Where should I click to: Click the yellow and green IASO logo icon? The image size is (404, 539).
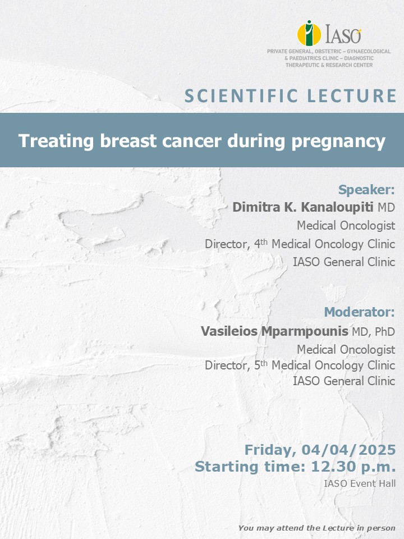pyautogui.click(x=309, y=33)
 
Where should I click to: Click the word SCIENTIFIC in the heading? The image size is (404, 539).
pyautogui.click(x=241, y=96)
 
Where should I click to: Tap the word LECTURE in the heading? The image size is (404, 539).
pyautogui.click(x=352, y=96)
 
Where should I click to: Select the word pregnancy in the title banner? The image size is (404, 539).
pyautogui.click(x=338, y=142)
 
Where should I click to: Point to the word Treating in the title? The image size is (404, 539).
pyautogui.click(x=56, y=141)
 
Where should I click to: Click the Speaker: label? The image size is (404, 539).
pyautogui.click(x=366, y=189)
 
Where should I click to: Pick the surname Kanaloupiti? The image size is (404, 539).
pyautogui.click(x=337, y=207)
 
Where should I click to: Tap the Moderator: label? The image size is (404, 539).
pyautogui.click(x=359, y=312)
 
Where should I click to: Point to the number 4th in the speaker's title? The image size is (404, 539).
pyautogui.click(x=260, y=243)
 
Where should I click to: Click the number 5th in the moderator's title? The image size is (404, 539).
pyautogui.click(x=260, y=365)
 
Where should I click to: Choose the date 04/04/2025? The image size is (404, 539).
pyautogui.click(x=348, y=450)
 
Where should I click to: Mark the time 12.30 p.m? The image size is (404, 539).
pyautogui.click(x=353, y=467)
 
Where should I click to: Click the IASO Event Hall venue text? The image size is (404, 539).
pyautogui.click(x=360, y=483)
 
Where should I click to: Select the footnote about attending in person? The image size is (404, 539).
pyautogui.click(x=316, y=528)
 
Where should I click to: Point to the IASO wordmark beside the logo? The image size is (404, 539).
pyautogui.click(x=343, y=34)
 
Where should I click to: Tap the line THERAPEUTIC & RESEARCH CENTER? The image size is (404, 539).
pyautogui.click(x=329, y=65)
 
